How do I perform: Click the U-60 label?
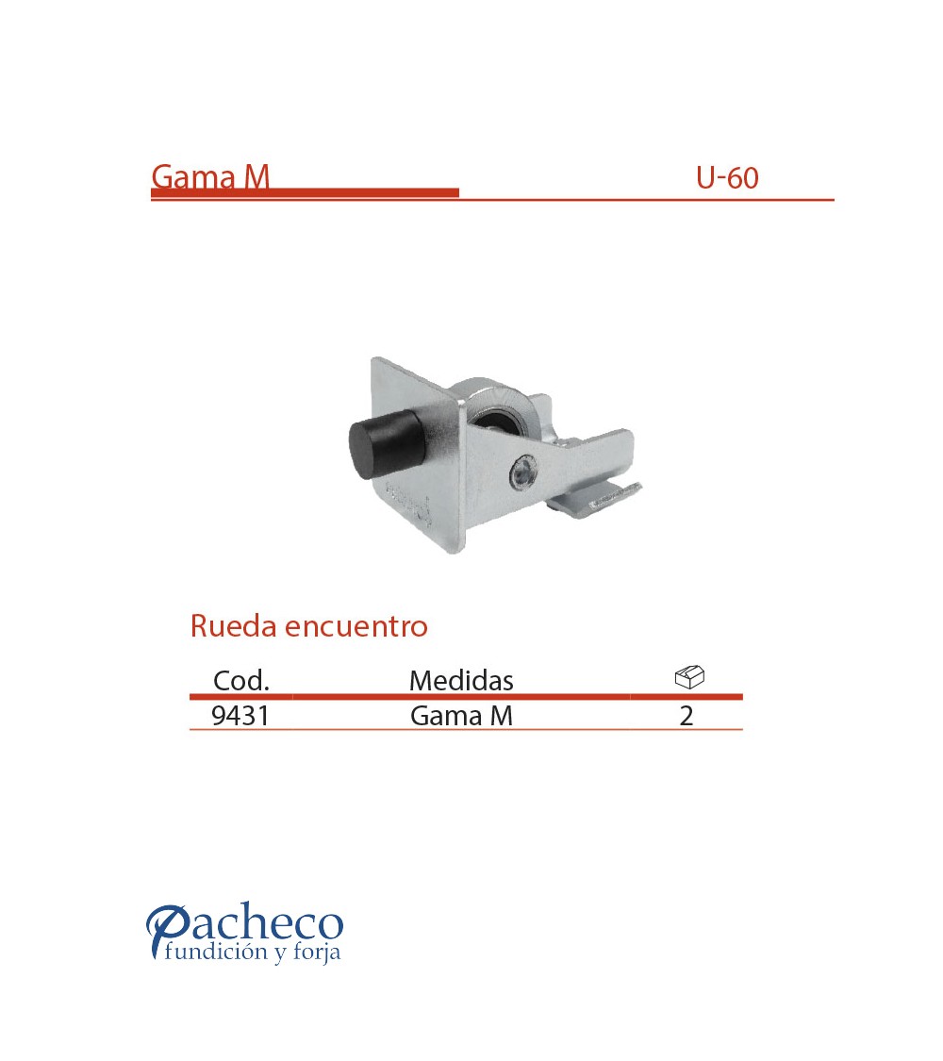coord(727,178)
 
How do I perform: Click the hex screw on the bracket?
coord(523,472)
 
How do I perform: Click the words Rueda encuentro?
coord(308,626)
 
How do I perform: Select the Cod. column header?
coord(241,680)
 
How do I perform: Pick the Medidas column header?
coord(461,680)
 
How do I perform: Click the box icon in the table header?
coord(689,677)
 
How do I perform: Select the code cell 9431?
coord(240,715)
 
